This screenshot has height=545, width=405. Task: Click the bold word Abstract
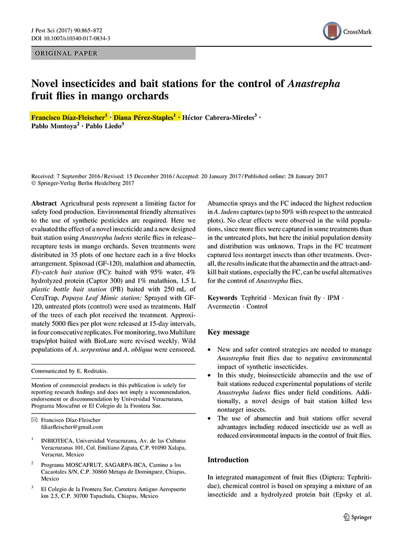(x=44, y=203)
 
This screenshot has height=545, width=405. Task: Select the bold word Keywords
(x=222, y=298)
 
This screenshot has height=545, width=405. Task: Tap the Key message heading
(x=228, y=332)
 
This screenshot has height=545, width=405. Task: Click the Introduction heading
(x=228, y=459)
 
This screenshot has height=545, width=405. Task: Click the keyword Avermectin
(x=224, y=307)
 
